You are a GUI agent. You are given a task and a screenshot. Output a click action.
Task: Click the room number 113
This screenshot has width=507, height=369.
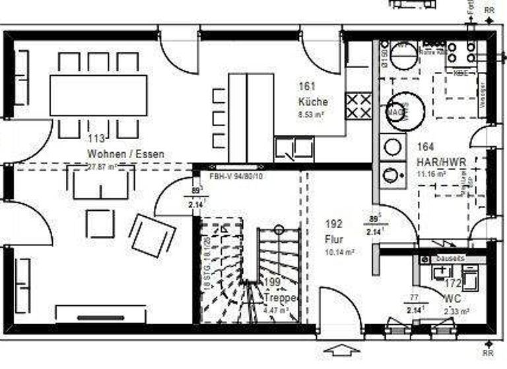click(96, 138)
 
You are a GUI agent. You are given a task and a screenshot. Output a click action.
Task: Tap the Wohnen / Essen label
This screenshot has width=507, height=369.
click(125, 154)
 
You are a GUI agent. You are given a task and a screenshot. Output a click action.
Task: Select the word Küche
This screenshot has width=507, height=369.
click(313, 102)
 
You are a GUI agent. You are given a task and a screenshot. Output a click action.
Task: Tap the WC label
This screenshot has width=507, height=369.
click(452, 298)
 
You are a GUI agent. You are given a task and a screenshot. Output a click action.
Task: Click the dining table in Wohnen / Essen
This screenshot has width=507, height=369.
click(98, 96)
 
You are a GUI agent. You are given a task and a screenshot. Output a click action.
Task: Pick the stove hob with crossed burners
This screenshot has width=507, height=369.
click(358, 105)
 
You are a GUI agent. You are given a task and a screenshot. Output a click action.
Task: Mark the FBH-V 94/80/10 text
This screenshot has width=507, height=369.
click(236, 177)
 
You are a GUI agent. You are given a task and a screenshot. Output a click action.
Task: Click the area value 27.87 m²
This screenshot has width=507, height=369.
click(102, 167)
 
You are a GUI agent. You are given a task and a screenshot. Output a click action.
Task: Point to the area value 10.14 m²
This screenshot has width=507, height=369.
click(340, 252)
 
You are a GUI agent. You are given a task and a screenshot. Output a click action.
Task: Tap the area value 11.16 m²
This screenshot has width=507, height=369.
click(431, 174)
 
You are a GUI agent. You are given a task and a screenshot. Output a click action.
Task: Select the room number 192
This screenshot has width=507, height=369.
click(334, 223)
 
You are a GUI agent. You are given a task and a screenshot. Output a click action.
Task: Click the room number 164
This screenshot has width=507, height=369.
click(426, 148)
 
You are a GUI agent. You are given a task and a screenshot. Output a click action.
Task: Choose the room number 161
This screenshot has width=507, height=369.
click(308, 86)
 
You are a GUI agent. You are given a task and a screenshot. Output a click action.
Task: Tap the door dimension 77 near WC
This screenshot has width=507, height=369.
click(415, 297)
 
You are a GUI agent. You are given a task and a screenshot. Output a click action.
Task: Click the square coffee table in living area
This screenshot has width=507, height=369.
click(100, 223)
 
